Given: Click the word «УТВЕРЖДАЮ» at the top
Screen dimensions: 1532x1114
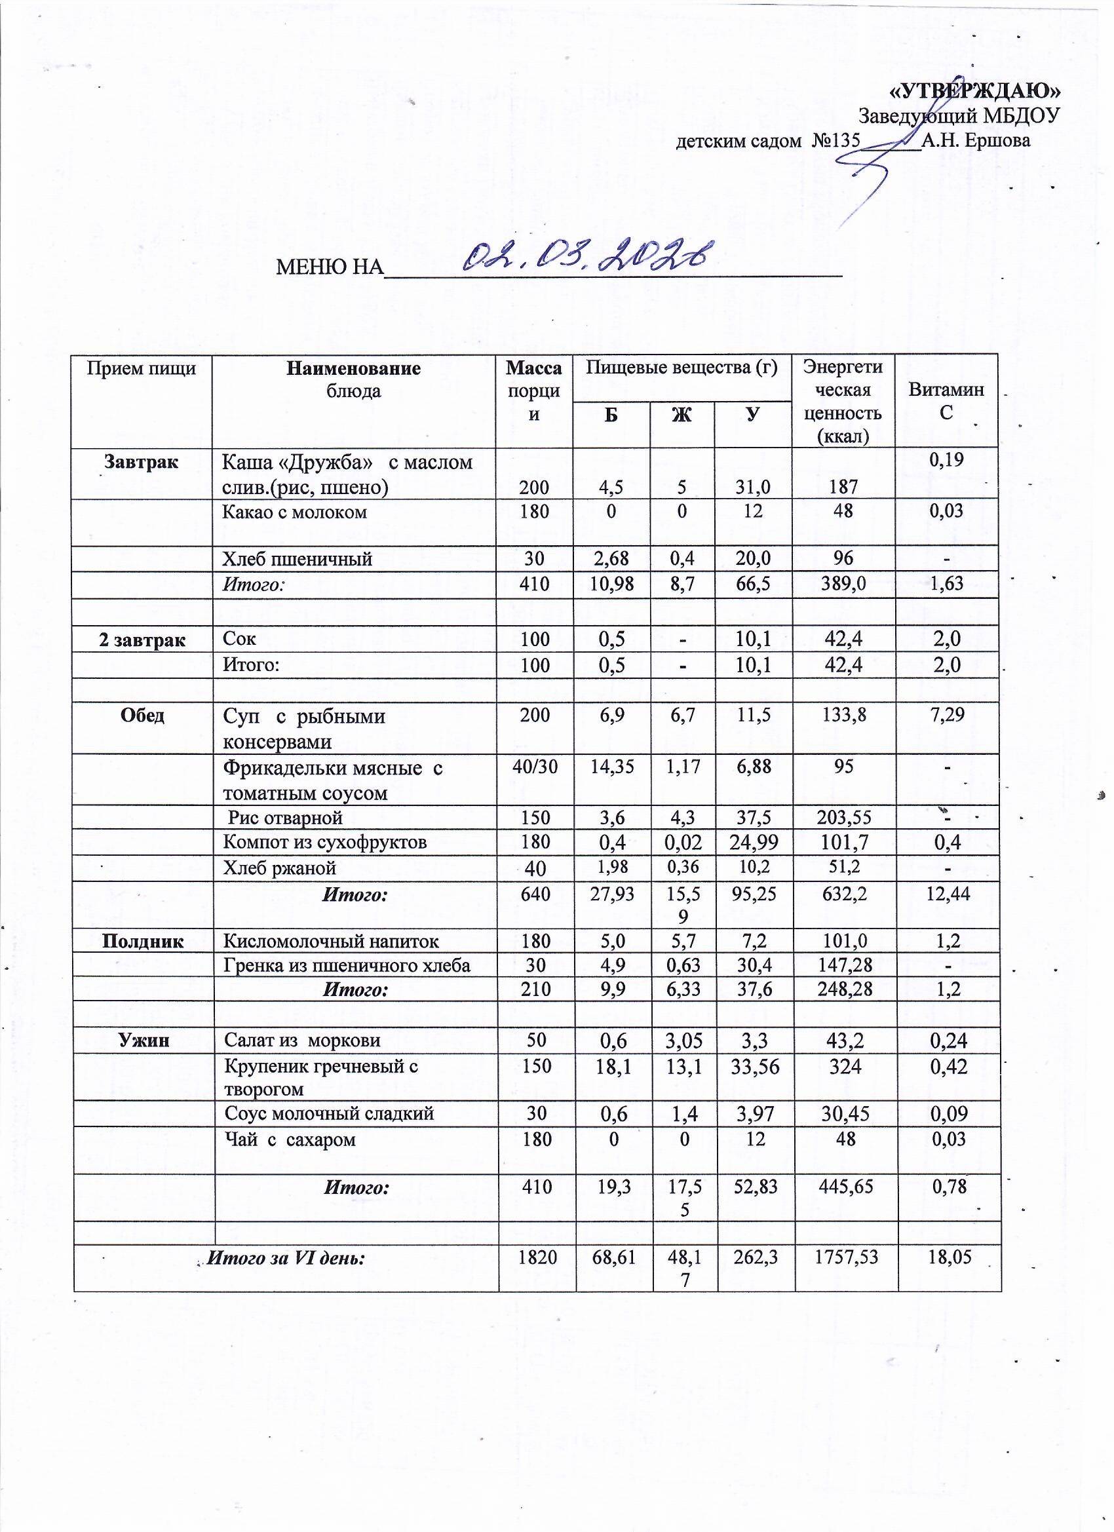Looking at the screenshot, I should point(974,90).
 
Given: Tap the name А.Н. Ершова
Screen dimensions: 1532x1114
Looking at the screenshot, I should point(976,140).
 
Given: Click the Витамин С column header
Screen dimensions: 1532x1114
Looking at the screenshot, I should point(946,400).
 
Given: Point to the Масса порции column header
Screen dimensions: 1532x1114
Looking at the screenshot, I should point(533,391).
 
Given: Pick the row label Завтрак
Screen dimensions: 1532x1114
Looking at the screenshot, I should point(141,463).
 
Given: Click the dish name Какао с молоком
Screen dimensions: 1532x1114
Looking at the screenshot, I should point(294,512).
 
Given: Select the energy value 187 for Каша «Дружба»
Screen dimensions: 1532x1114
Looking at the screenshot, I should point(843,487).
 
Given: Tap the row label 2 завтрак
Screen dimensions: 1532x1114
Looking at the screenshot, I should point(142,639).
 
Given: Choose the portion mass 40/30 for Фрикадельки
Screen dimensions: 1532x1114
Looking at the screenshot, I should point(534,767).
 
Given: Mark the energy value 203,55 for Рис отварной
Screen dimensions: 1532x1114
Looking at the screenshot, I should point(843,818).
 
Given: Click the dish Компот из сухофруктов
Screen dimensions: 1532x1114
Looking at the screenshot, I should point(325,842).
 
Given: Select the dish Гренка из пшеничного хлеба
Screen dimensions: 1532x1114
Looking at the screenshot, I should point(347,965).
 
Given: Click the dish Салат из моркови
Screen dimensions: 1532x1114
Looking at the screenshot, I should point(302,1041).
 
